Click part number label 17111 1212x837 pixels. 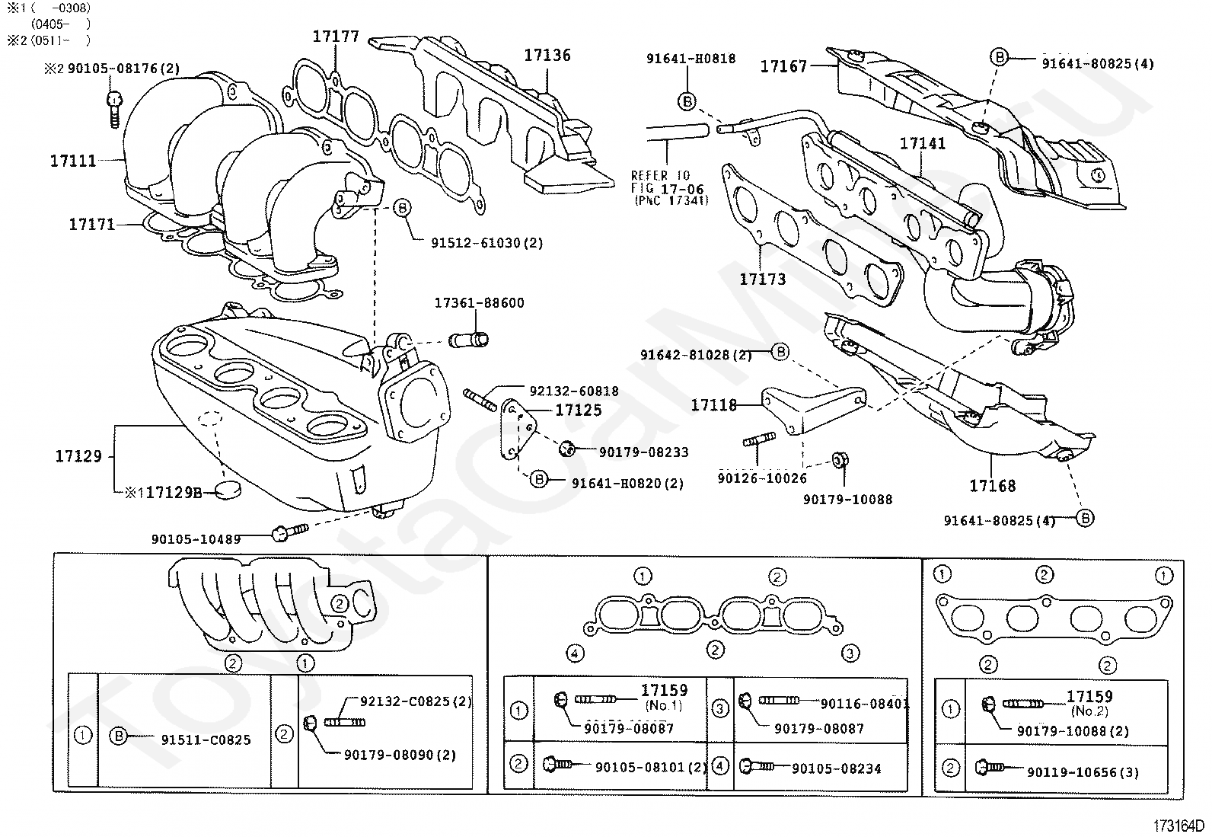[73, 161]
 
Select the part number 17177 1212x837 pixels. [335, 36]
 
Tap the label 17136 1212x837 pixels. [547, 55]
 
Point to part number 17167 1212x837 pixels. [783, 66]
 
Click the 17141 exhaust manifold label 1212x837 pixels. [923, 144]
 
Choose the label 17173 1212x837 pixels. [762, 279]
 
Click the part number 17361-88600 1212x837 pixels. [479, 302]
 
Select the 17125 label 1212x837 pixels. [578, 411]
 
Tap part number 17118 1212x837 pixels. [713, 405]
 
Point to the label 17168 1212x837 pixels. [992, 485]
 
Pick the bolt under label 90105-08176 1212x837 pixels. [114, 107]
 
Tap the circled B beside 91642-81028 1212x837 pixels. [780, 352]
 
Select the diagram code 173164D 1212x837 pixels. [1179, 826]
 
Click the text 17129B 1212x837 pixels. [174, 493]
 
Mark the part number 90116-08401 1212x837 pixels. [865, 704]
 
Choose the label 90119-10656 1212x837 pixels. [1082, 772]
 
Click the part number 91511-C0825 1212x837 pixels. [206, 740]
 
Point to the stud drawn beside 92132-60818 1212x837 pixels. [478, 398]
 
